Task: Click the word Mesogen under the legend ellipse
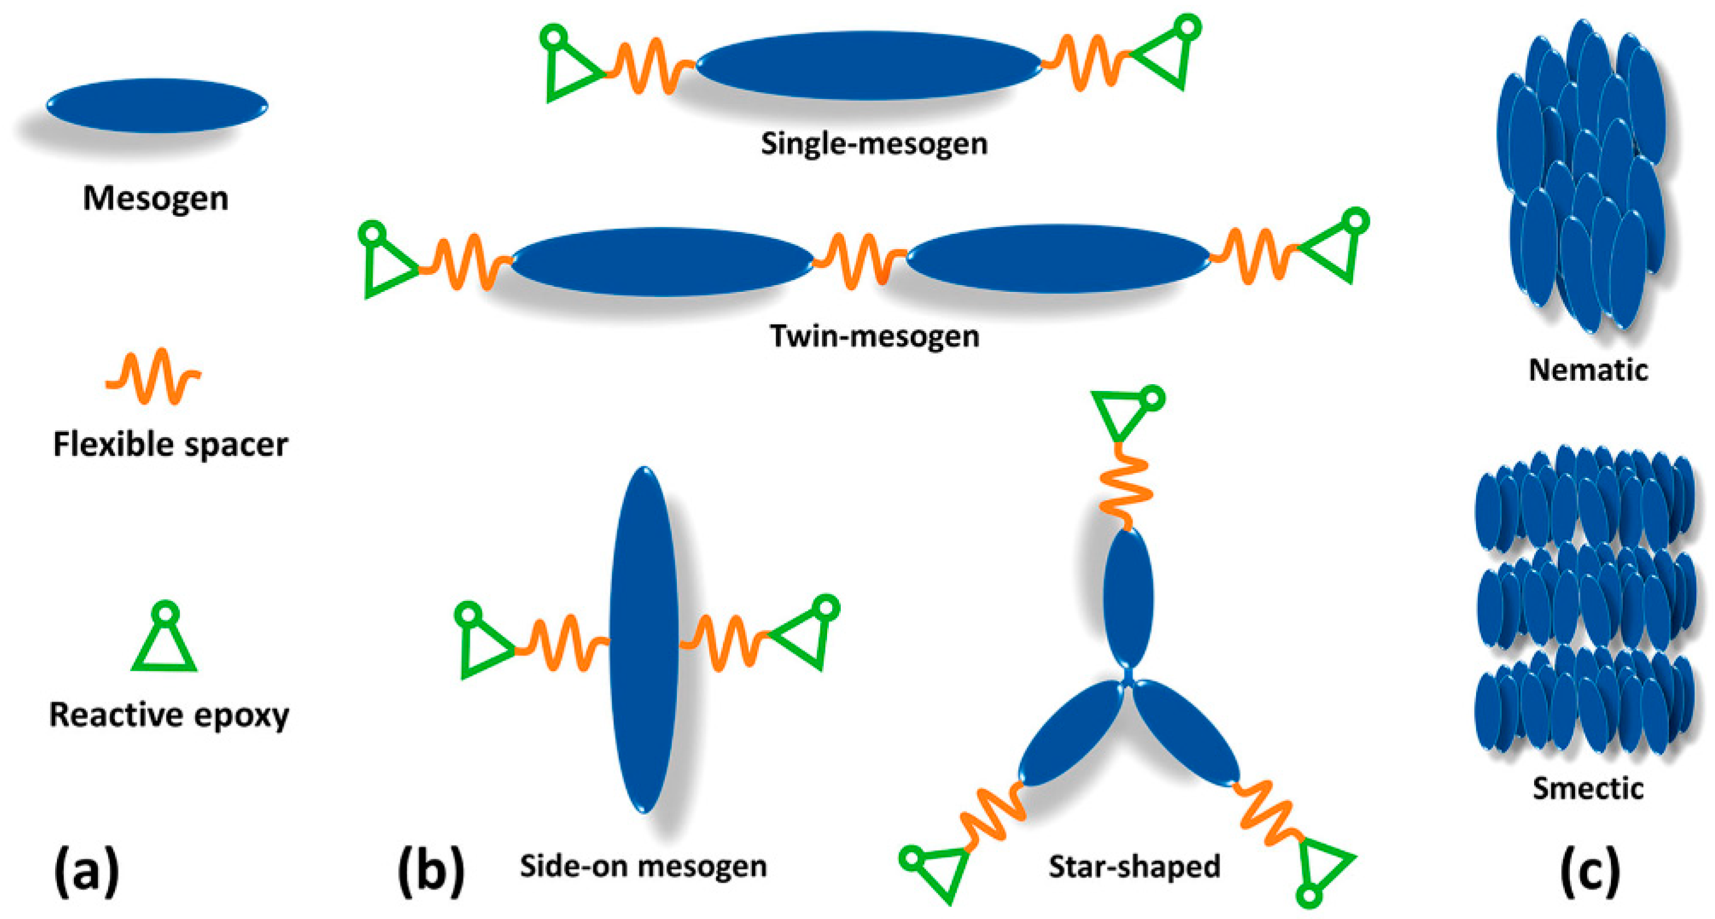point(156,199)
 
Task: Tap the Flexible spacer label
point(171,444)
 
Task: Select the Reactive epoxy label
point(169,715)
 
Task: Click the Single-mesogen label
point(874,144)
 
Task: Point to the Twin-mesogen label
point(875,336)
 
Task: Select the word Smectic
point(1588,789)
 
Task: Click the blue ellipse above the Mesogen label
point(157,106)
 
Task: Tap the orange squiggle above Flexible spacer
point(153,376)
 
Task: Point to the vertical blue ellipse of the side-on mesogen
point(644,639)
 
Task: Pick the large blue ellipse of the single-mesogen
point(869,65)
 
